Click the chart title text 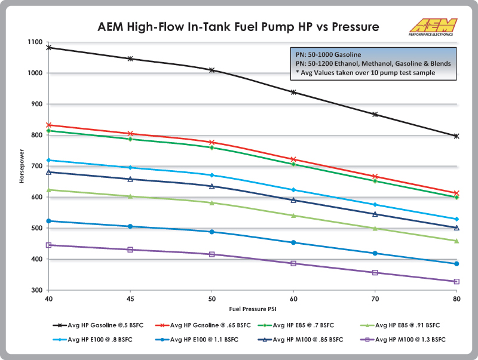[x=238, y=27]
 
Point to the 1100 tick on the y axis [x=34, y=42]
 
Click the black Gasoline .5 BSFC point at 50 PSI [x=212, y=70]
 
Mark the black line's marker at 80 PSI [x=456, y=136]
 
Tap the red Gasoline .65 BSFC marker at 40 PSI [x=48, y=125]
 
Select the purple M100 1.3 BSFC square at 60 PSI [x=293, y=263]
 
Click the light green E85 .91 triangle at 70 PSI [x=375, y=228]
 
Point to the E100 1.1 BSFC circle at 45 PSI [x=130, y=226]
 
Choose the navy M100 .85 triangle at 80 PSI [x=456, y=227]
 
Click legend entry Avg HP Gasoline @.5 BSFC [x=98, y=325]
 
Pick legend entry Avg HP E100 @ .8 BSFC [x=98, y=339]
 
